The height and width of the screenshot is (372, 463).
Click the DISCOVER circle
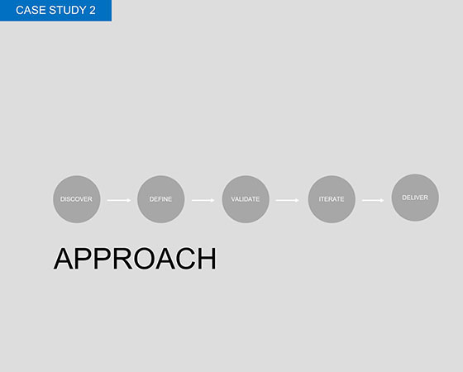(x=77, y=199)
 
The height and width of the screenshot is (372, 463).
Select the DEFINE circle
(x=161, y=199)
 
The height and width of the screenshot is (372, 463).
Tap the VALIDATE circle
(x=246, y=199)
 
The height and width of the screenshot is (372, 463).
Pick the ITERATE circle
(x=332, y=199)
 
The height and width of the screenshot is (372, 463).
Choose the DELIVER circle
(x=415, y=198)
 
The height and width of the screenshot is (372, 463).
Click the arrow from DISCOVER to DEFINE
(x=119, y=200)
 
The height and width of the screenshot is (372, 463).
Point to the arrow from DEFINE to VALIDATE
(x=203, y=200)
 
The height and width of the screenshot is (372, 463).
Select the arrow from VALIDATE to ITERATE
(x=288, y=200)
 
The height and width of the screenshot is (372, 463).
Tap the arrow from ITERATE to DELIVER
(x=373, y=200)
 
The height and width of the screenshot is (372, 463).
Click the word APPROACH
(x=135, y=259)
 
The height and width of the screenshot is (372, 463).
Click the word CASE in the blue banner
(x=31, y=10)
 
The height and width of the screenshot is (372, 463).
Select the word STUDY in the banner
(x=67, y=10)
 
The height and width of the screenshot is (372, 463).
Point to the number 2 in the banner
(x=92, y=10)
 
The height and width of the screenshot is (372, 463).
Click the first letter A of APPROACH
(x=64, y=259)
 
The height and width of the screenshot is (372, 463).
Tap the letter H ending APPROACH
(x=208, y=259)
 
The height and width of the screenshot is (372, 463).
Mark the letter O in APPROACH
(x=145, y=259)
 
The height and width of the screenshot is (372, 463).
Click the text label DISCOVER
(x=76, y=199)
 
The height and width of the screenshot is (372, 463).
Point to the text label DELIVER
(x=415, y=198)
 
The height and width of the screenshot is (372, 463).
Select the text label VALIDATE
(x=246, y=199)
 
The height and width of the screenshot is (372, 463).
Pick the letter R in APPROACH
(x=123, y=259)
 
